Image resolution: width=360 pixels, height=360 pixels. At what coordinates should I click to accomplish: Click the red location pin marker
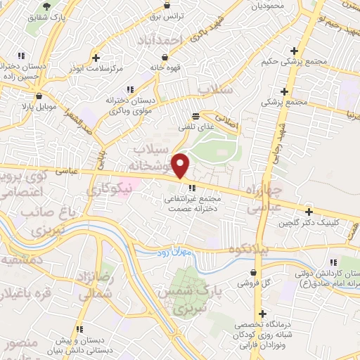tap(181, 165)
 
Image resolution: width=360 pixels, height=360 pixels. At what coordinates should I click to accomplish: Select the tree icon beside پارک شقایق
tap(47, 5)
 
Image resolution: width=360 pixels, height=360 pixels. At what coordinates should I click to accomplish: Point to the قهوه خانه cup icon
tap(165, 57)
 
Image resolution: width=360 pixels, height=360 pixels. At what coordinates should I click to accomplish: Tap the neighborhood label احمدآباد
tap(163, 38)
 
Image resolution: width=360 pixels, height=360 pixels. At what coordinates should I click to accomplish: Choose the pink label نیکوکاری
tap(107, 189)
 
